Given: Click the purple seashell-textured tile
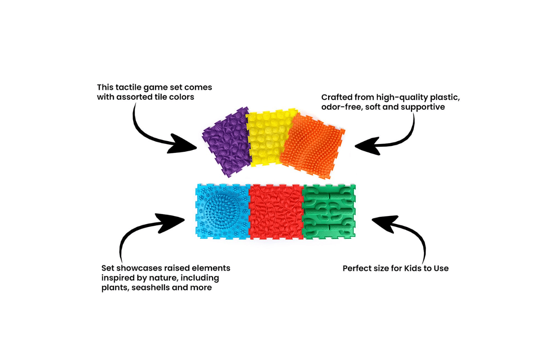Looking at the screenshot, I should tap(226, 141).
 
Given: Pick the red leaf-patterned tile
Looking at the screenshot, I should tap(275, 212).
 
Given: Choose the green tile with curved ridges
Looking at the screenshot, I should tap(329, 212).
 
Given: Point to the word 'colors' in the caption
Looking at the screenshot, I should tap(181, 97).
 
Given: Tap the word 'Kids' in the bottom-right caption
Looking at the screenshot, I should tap(413, 268).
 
